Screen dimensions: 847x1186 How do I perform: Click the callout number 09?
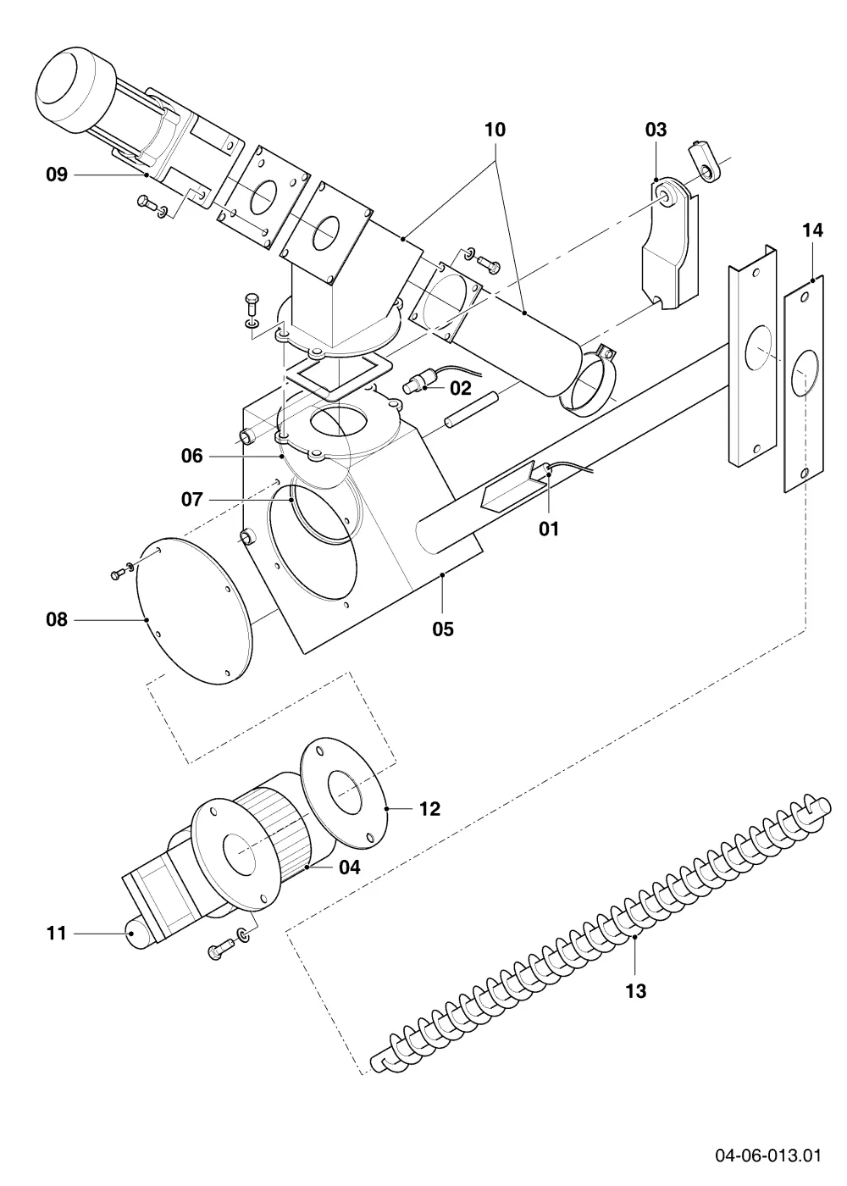pos(57,175)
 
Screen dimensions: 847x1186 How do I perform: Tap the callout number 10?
pos(495,130)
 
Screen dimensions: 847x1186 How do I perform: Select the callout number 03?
pos(656,130)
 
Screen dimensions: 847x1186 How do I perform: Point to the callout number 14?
pos(812,230)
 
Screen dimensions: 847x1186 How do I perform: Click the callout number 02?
pos(460,388)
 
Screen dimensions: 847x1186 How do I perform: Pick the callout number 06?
pos(191,456)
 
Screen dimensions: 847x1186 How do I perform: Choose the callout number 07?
pos(191,499)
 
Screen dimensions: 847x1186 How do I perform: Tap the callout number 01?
pos(549,529)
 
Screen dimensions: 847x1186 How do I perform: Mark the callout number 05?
pos(442,629)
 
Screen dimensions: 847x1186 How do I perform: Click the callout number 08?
pos(57,619)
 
